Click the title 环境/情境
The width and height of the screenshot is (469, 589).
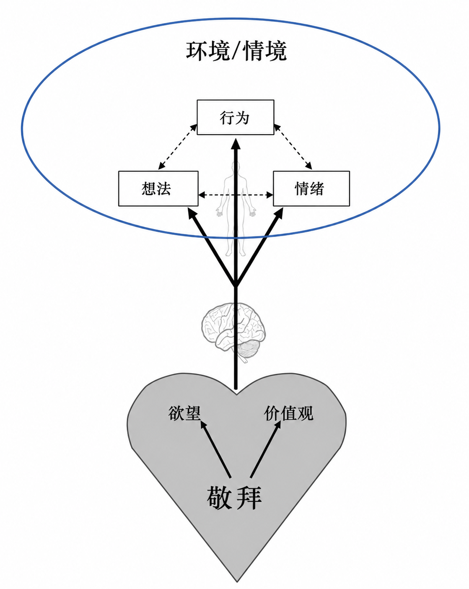click(236, 51)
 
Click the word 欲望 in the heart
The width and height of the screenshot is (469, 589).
click(184, 413)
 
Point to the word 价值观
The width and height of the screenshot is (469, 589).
click(288, 413)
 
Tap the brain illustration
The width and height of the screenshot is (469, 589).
click(233, 331)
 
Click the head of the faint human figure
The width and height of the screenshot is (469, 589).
click(235, 166)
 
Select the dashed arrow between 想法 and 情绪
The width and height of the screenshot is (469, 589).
click(236, 195)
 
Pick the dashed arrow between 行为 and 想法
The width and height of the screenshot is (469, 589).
click(178, 147)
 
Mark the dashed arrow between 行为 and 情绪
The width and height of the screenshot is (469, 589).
click(293, 147)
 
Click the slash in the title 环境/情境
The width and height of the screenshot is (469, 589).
click(236, 51)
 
